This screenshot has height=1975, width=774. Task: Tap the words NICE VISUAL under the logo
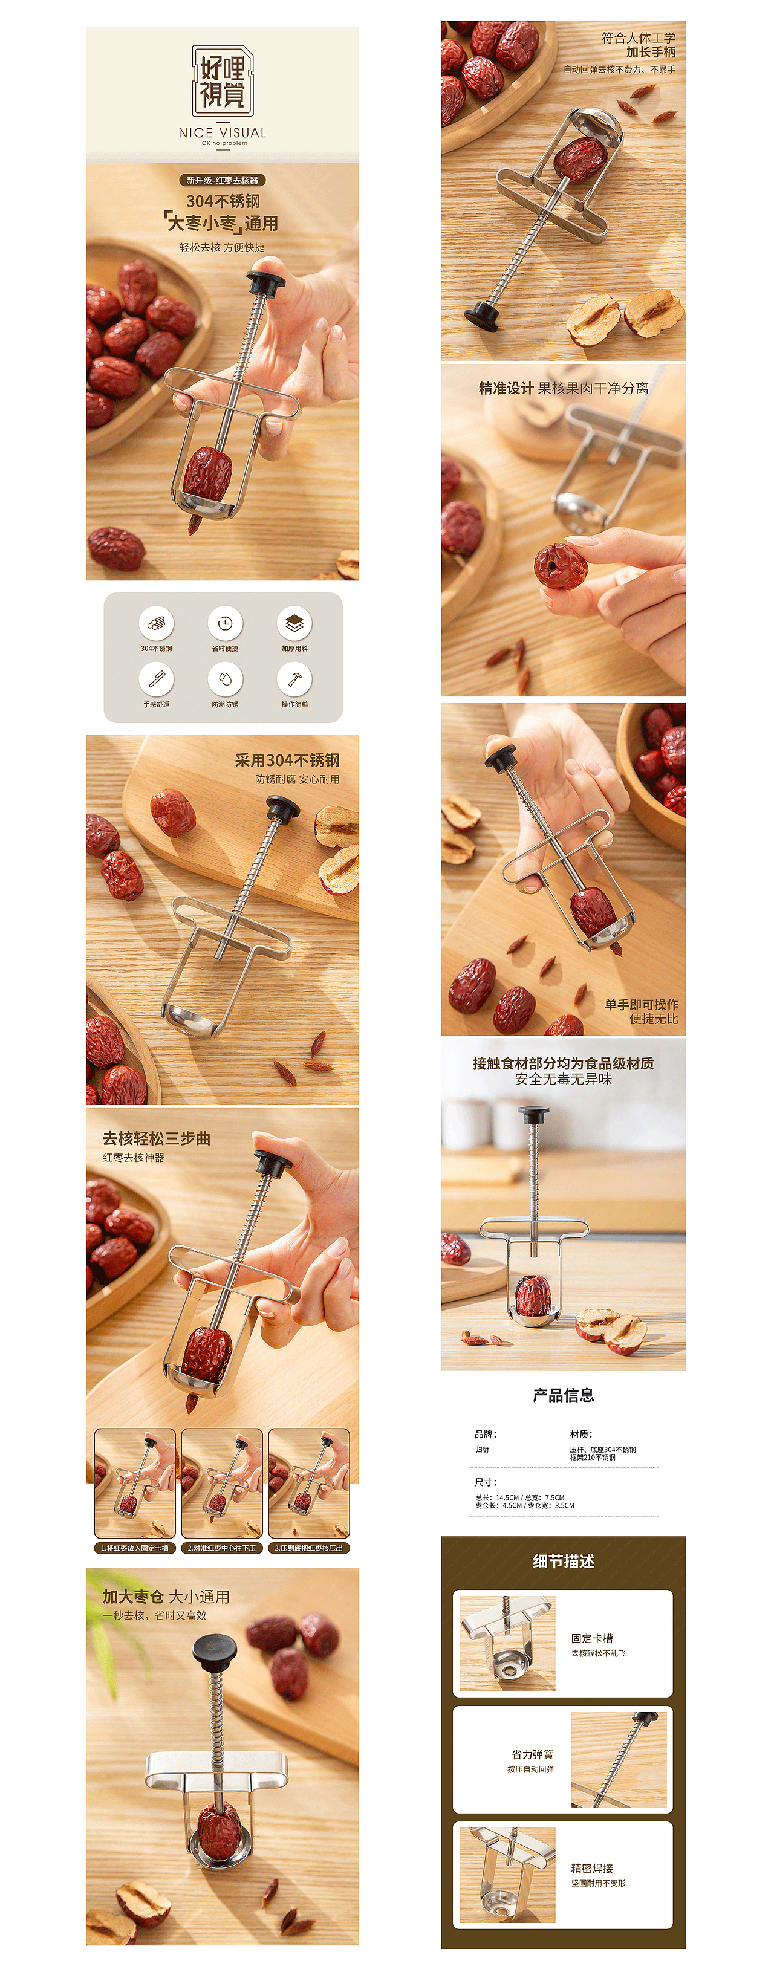click(223, 132)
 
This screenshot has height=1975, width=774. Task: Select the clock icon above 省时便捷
click(225, 623)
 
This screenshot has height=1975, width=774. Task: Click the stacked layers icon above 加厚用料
click(294, 623)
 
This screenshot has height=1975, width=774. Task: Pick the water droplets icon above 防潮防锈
click(225, 678)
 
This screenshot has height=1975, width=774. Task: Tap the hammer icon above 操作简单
click(294, 678)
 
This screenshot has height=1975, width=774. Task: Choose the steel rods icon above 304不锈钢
click(157, 623)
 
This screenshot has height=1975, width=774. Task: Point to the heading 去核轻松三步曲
click(157, 1138)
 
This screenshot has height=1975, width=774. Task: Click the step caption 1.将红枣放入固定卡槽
click(135, 1548)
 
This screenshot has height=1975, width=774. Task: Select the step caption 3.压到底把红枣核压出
click(308, 1548)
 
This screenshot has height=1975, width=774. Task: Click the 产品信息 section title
click(563, 1395)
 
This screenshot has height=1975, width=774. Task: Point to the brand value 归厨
click(482, 1450)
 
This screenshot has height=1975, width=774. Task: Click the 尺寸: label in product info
click(486, 1482)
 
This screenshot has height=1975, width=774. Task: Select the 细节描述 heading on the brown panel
click(563, 1561)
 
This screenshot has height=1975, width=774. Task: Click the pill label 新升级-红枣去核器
click(223, 180)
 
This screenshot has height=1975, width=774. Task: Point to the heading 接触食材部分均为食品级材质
click(563, 1063)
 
